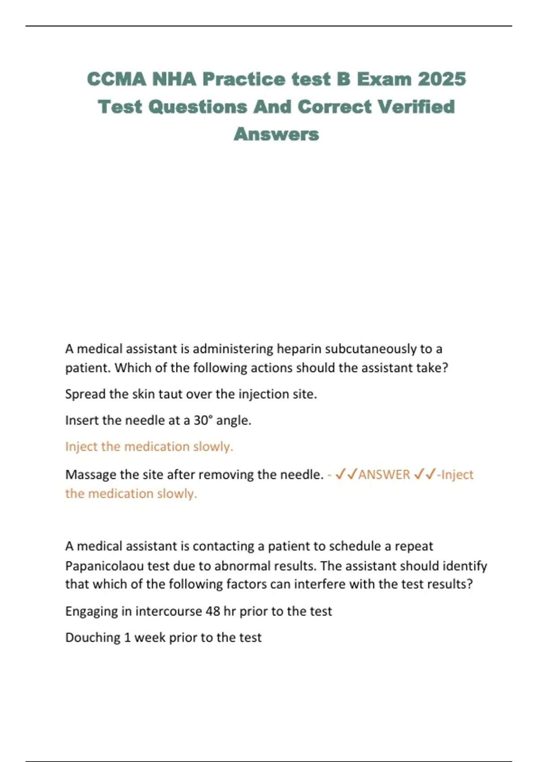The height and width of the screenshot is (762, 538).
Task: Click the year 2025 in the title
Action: [442, 79]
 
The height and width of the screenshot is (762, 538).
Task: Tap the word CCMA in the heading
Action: [117, 79]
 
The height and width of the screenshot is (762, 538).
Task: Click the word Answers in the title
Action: [276, 134]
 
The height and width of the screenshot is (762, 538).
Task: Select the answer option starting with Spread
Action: [191, 394]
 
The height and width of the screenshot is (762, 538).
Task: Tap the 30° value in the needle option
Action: [202, 420]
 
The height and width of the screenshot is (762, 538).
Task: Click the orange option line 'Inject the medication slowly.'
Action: [149, 446]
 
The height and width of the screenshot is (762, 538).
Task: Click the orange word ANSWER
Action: [384, 474]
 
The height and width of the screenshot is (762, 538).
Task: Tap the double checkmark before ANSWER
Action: [346, 474]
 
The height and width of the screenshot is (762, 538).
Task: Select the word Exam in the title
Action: [384, 79]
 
